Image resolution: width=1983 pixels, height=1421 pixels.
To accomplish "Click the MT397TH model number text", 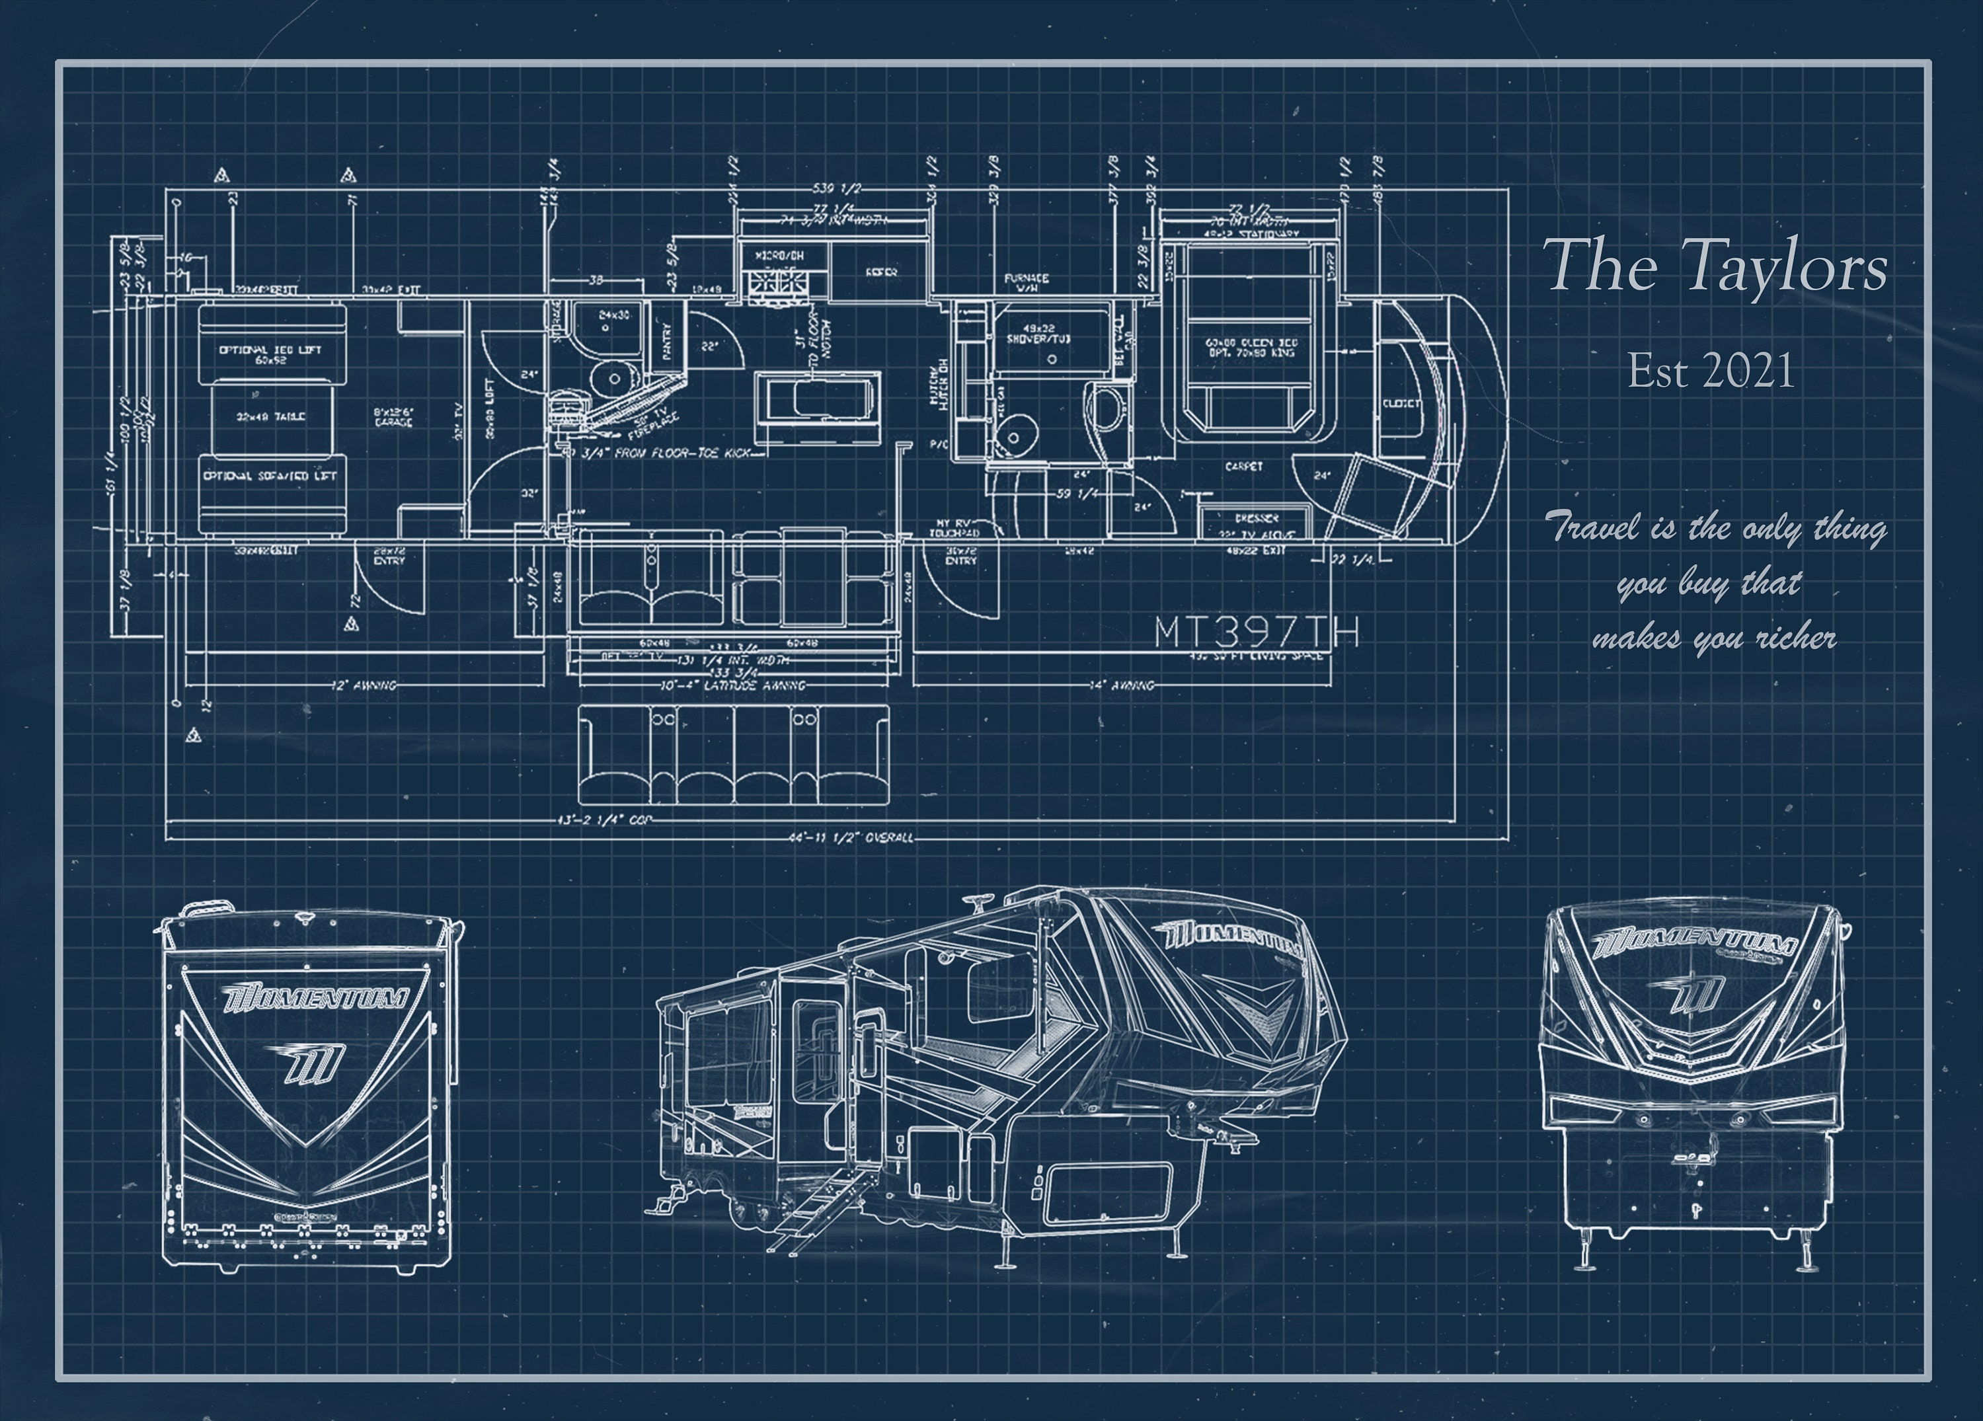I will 1257,631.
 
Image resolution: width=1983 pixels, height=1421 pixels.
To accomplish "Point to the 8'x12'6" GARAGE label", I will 393,417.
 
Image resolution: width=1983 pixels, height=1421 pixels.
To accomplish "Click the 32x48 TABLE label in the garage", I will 271,417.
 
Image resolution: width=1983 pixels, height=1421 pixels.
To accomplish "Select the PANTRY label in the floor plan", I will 667,342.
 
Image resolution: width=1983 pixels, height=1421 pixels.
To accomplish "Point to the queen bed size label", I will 1251,347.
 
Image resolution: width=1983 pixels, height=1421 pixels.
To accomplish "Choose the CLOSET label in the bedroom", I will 1401,403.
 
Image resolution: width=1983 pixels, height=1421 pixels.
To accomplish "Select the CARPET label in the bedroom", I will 1243,467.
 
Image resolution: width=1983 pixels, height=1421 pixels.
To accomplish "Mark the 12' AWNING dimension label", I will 364,685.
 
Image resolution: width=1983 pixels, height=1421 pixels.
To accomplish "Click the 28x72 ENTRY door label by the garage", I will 389,556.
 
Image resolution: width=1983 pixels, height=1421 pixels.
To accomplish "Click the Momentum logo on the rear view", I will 315,998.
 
